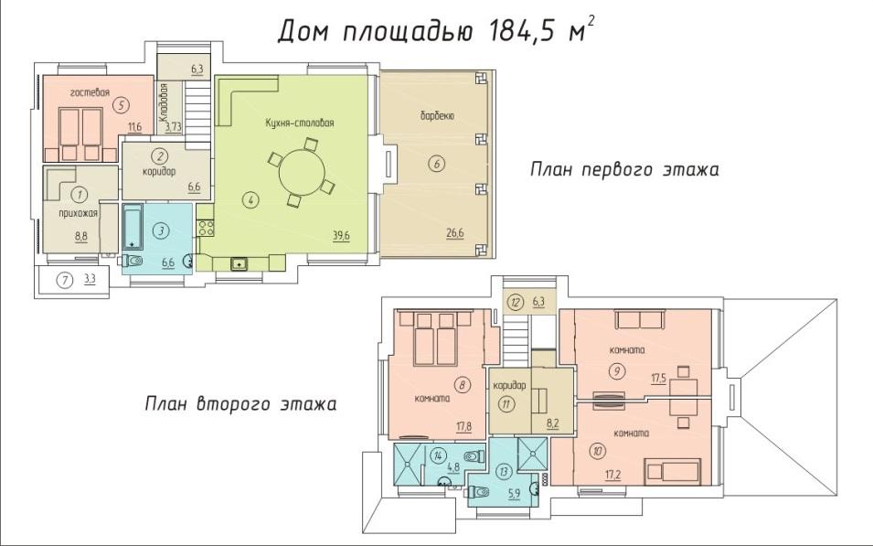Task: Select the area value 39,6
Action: [341, 235]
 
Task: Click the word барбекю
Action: [437, 116]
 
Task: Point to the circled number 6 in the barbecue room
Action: [437, 164]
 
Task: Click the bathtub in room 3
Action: [133, 228]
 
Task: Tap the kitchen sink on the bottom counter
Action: [240, 263]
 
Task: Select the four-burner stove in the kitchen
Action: [206, 228]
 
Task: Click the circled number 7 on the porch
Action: [65, 280]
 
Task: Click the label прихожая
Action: [79, 213]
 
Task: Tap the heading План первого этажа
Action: [624, 169]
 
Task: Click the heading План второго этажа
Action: [240, 403]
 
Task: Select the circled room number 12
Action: [516, 303]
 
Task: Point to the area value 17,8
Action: [463, 427]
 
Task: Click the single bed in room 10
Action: [672, 471]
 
